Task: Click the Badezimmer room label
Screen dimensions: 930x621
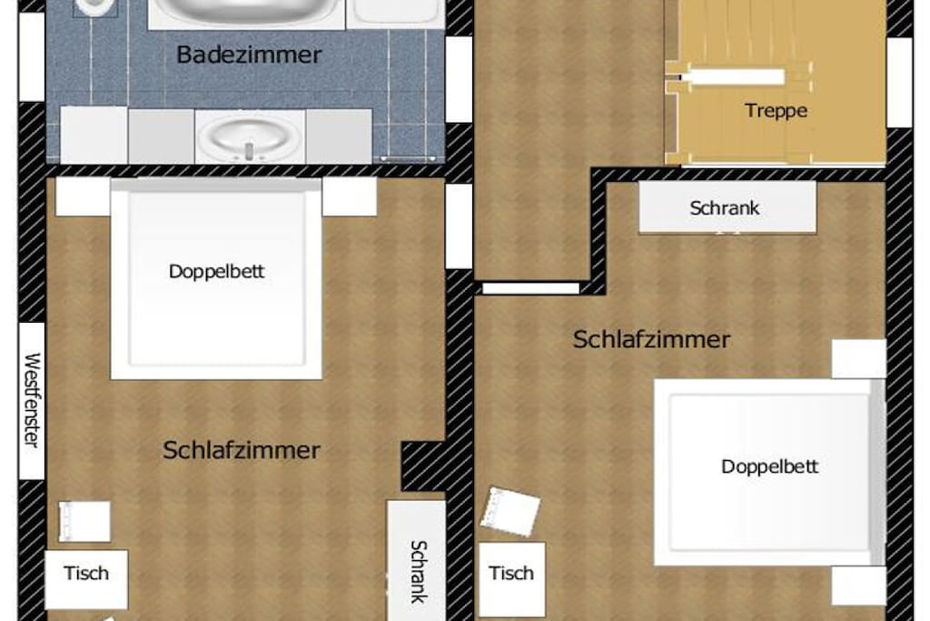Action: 249,55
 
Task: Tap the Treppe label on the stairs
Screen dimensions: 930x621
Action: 776,110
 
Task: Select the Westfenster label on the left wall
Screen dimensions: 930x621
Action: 32,400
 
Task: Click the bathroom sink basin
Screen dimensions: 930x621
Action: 249,136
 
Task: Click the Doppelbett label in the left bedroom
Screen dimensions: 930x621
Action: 216,271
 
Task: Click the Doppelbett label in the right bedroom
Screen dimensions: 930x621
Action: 769,466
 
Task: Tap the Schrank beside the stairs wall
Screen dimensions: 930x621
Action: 727,207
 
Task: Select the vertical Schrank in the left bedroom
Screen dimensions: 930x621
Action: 416,561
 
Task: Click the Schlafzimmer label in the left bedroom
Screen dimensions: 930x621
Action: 242,450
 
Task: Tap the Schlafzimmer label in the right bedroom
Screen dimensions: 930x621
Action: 651,339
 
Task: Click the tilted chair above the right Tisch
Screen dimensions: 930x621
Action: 510,511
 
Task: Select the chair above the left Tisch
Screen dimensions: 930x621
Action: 84,521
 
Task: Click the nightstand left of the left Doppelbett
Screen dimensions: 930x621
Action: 83,196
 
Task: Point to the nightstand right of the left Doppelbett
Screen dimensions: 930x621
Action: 350,196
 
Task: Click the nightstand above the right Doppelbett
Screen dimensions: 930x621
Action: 858,358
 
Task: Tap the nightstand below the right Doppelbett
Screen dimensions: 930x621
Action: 858,586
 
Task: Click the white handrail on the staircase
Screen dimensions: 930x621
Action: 733,76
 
